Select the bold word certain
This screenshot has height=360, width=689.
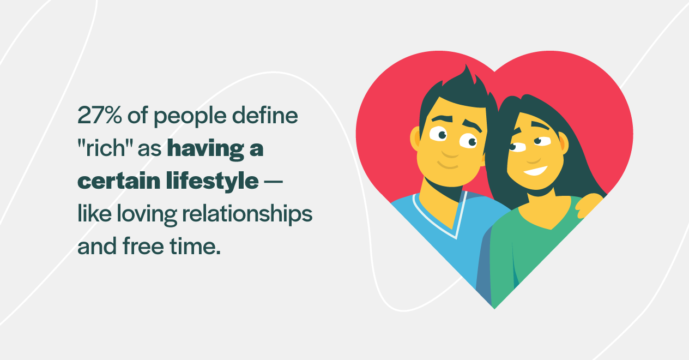[113, 181]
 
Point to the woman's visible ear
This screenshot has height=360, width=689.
[563, 143]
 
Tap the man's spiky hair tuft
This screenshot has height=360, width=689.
[467, 76]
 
